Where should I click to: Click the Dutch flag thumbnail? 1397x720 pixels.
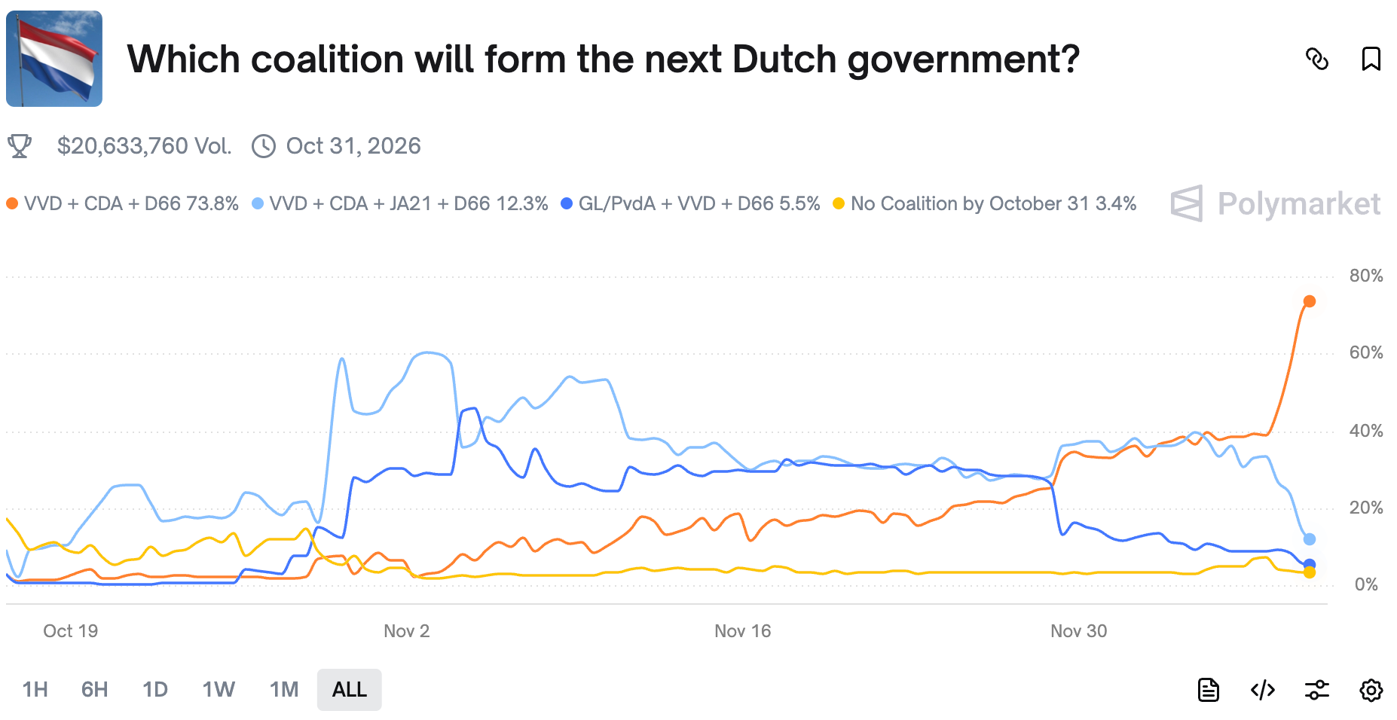(54, 59)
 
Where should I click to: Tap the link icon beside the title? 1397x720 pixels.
(1316, 59)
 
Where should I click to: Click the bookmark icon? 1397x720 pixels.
(1371, 59)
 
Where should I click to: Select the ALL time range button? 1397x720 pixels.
(350, 689)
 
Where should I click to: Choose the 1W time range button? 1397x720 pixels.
(219, 689)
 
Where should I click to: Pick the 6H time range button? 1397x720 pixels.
(95, 689)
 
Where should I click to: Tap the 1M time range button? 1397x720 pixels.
(284, 689)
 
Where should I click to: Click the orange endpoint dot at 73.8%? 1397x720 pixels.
(1310, 301)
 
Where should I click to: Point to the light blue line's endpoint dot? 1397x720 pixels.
(1310, 539)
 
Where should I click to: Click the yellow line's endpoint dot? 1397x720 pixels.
(1310, 573)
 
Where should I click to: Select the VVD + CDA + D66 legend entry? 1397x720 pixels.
(122, 203)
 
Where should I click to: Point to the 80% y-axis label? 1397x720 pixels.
(1365, 276)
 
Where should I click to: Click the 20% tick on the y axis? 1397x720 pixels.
(1365, 508)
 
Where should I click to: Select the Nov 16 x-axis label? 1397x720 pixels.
(742, 631)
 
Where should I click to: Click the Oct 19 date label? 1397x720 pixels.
(71, 631)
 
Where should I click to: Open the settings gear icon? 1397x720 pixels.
(1371, 690)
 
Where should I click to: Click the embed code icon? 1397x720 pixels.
(1263, 690)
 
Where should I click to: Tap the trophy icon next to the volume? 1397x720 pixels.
(20, 145)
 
